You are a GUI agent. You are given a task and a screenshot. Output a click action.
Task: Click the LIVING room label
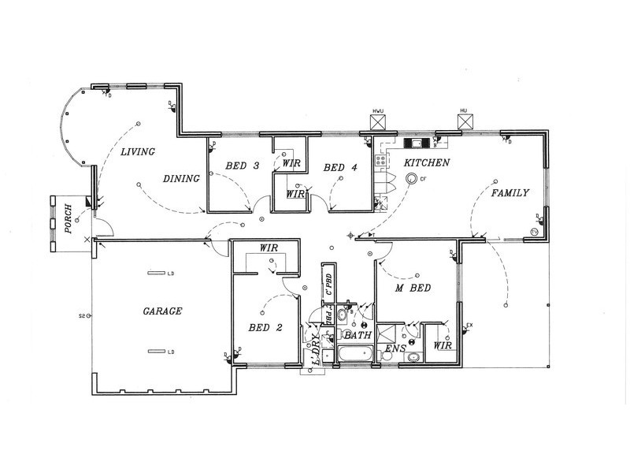(137, 151)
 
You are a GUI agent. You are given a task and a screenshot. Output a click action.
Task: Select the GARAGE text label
(162, 311)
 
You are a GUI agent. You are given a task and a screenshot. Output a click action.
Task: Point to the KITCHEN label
(426, 162)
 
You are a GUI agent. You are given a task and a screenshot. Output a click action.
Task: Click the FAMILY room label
(510, 193)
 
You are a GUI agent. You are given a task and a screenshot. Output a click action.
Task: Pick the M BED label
(412, 289)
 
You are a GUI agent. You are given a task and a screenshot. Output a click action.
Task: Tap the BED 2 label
(264, 327)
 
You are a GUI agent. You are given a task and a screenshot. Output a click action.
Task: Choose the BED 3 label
(242, 166)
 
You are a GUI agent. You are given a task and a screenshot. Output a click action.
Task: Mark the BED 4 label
(340, 167)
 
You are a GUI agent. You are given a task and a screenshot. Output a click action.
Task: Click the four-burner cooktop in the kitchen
(381, 160)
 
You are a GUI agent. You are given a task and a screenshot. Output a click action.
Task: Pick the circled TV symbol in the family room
(533, 232)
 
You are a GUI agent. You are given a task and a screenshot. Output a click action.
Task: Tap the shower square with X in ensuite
(387, 332)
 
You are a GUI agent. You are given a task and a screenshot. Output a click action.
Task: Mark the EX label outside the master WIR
(469, 325)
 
